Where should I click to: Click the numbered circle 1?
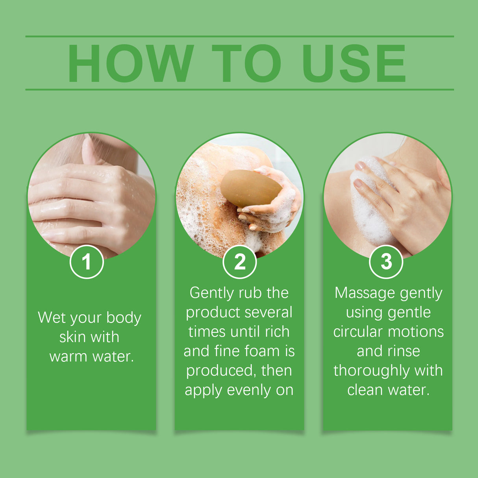click(x=87, y=262)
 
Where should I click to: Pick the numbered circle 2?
click(x=239, y=262)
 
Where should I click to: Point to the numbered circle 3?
click(x=386, y=262)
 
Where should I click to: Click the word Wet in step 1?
click(x=51, y=317)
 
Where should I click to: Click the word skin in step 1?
click(x=72, y=337)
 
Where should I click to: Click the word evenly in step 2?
click(x=249, y=390)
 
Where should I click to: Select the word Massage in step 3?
click(x=359, y=293)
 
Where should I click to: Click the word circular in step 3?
click(x=358, y=332)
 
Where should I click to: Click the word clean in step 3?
click(x=365, y=390)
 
